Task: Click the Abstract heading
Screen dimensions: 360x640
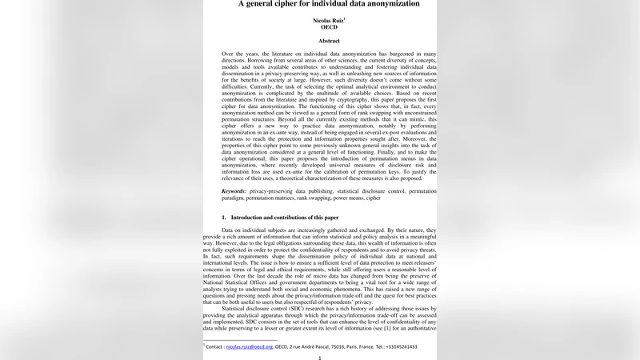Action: pos(329,41)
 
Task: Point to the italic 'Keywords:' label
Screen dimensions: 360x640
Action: pos(234,192)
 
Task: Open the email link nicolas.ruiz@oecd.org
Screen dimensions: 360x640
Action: pos(249,347)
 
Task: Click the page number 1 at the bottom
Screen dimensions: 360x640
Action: pos(320,357)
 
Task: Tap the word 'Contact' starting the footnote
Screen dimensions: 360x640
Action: pos(213,347)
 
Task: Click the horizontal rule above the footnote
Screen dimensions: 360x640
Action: pos(239,340)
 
